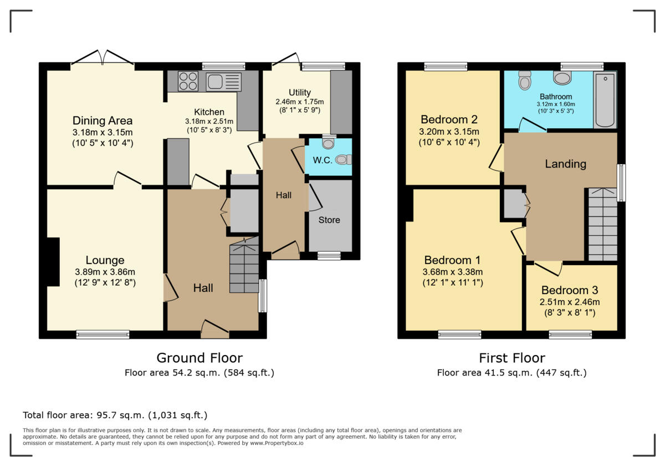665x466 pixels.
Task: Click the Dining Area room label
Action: (x=103, y=120)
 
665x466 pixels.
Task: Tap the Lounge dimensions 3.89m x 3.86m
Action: (x=105, y=272)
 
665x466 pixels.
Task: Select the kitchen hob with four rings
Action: (x=188, y=82)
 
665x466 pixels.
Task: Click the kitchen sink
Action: (x=223, y=82)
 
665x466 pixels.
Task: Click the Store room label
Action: (x=329, y=220)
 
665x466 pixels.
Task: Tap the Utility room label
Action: (x=300, y=92)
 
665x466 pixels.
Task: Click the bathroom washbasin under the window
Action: (x=562, y=78)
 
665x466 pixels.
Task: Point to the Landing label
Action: (x=565, y=164)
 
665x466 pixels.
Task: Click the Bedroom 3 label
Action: (x=570, y=290)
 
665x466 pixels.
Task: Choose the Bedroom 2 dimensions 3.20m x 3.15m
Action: (x=449, y=131)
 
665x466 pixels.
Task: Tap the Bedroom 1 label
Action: (x=452, y=260)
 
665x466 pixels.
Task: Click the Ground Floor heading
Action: (x=199, y=358)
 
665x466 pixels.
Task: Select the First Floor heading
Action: (x=511, y=358)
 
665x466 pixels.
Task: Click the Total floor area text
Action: (x=115, y=415)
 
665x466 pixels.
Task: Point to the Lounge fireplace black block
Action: (x=53, y=262)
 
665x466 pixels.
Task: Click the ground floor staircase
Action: (x=244, y=266)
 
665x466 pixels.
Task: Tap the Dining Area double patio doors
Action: (x=103, y=60)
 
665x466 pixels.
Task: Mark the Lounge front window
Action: (x=103, y=334)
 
